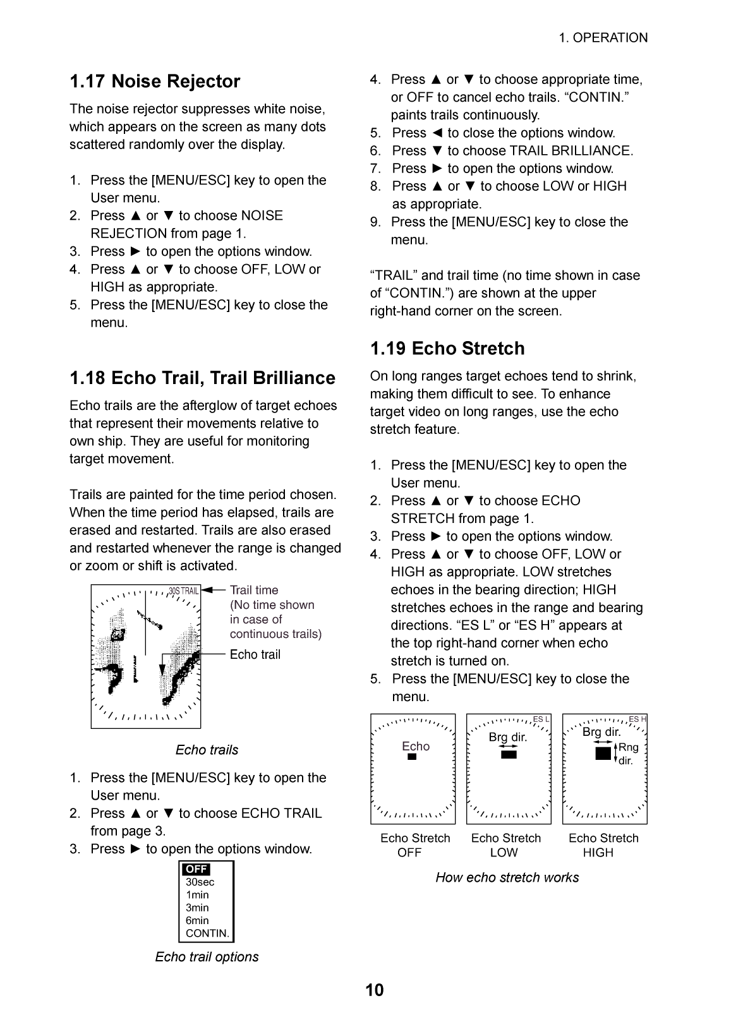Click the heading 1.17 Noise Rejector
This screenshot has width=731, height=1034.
click(155, 81)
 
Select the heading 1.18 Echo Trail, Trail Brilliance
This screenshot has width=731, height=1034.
click(202, 378)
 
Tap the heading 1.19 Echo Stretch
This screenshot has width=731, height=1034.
click(447, 349)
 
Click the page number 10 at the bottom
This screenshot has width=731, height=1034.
click(374, 990)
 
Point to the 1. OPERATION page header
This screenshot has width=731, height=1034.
click(603, 38)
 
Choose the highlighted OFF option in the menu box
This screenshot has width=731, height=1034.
click(196, 869)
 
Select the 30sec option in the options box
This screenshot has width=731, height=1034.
click(200, 882)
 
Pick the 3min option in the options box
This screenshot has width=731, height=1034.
click(197, 908)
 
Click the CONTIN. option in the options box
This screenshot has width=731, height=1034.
click(207, 934)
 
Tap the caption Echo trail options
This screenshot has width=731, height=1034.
click(207, 957)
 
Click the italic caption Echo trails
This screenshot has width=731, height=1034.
click(207, 750)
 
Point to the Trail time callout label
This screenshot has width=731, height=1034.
click(253, 590)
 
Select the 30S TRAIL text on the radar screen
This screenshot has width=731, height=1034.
click(183, 591)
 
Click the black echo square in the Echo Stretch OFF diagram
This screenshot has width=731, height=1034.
click(412, 757)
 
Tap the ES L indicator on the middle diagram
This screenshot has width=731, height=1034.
click(541, 719)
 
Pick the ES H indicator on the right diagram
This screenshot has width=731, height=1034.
click(637, 719)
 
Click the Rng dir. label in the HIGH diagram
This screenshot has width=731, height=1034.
click(628, 754)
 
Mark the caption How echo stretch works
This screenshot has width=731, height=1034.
click(507, 877)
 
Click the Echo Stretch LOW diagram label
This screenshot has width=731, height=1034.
click(505, 845)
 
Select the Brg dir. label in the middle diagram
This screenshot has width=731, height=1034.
click(507, 737)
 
